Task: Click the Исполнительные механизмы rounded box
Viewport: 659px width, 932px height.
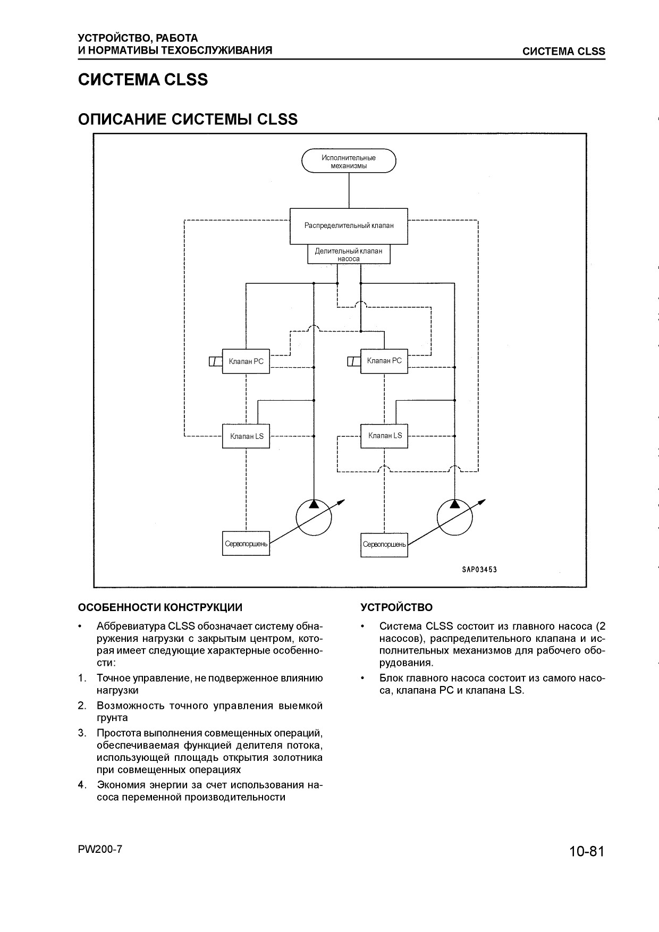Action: coord(349,161)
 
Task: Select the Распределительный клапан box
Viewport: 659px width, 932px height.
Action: coord(349,226)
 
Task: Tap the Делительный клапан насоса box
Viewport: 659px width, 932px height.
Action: coord(349,254)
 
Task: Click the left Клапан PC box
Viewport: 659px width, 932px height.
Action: coord(246,361)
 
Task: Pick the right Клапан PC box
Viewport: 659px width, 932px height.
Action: coord(384,361)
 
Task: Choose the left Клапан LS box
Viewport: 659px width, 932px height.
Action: coord(246,436)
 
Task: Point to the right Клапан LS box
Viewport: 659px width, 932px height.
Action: coord(384,436)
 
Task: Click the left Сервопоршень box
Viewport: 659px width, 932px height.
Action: coord(246,544)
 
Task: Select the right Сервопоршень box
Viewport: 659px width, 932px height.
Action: coord(384,545)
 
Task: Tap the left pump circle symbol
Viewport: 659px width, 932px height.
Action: coord(314,516)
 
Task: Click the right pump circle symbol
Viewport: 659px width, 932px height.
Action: coord(455,516)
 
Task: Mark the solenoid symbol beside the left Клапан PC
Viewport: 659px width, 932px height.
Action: coord(215,362)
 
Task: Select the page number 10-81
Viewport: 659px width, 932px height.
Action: coord(587,851)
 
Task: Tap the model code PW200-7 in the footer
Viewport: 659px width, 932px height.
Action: coord(100,849)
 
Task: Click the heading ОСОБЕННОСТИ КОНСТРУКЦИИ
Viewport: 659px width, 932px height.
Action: coord(160,607)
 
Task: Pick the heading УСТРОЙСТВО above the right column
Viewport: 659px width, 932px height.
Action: coord(396,607)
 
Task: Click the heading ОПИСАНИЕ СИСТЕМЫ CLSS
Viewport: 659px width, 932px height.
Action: coord(188,119)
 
